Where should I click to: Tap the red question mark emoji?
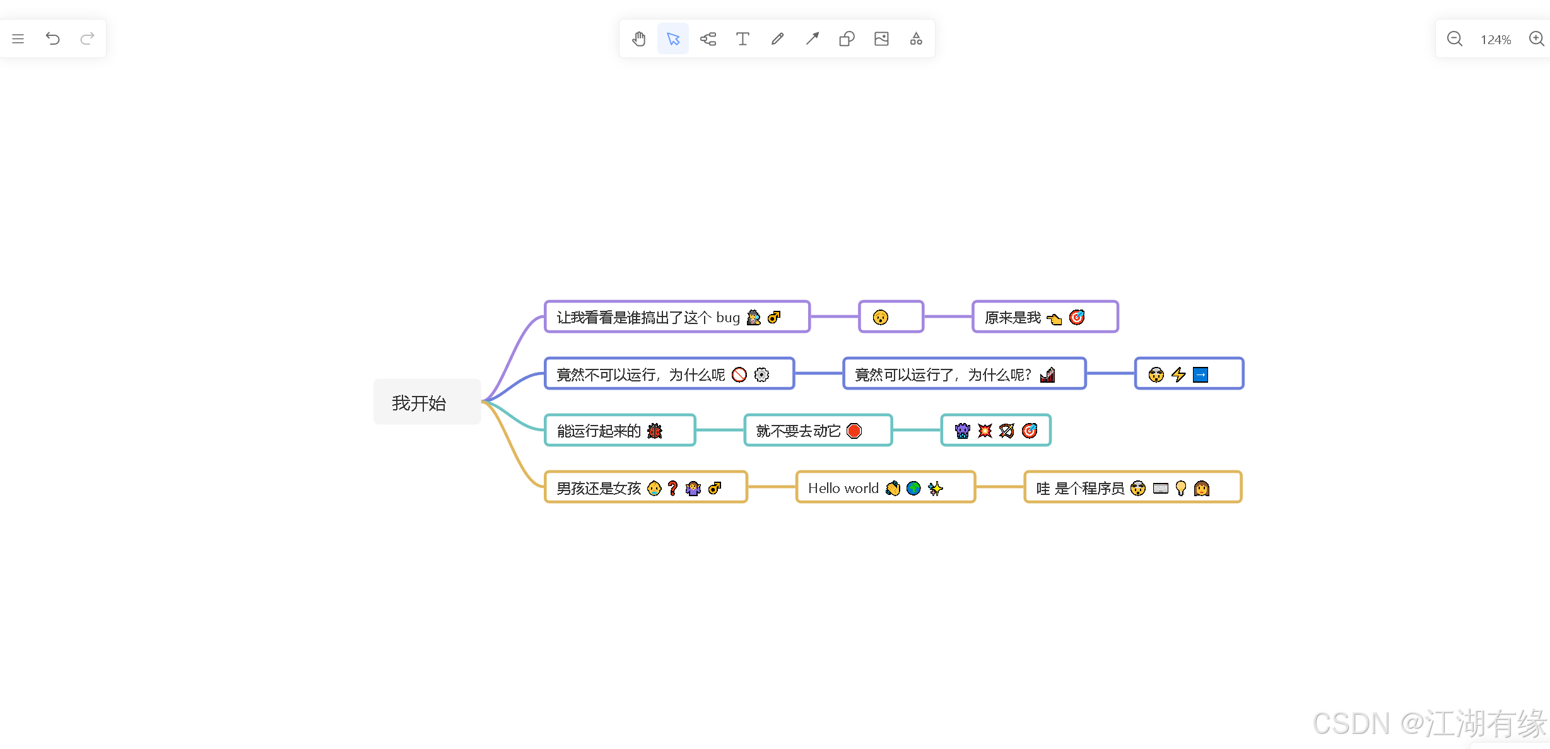(x=673, y=488)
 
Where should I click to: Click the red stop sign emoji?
(x=854, y=431)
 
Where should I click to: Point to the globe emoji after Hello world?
(x=913, y=488)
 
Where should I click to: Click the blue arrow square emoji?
(x=1201, y=374)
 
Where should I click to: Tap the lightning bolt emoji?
(x=1178, y=374)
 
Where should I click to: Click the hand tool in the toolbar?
(x=638, y=39)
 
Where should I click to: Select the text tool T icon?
(x=743, y=39)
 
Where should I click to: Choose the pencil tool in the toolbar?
(x=777, y=39)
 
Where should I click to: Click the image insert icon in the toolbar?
(x=881, y=39)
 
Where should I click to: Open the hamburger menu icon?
(x=18, y=39)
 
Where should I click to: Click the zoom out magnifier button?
(x=1454, y=39)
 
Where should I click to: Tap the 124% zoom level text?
(x=1496, y=40)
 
